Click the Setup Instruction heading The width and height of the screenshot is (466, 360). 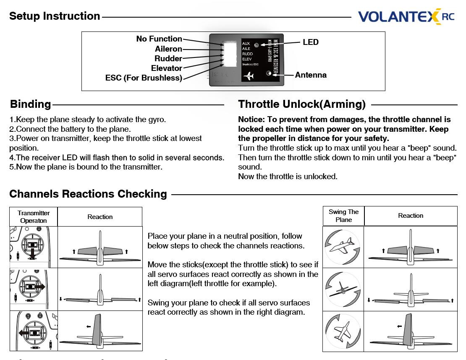coord(55,16)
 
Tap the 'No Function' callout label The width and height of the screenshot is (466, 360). coord(159,39)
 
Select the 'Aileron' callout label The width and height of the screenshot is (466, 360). coord(168,49)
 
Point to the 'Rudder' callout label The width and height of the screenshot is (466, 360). coord(168,59)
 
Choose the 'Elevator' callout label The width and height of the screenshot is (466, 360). coord(167,68)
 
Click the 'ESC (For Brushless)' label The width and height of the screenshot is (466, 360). coord(144,78)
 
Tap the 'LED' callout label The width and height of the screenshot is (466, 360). coord(311,42)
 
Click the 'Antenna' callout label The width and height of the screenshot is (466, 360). coord(311,75)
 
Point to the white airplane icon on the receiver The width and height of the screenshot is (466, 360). coord(249,76)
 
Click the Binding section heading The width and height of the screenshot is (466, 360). coord(31,104)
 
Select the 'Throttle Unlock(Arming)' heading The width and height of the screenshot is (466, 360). coord(302,104)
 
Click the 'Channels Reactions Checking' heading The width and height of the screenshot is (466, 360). coord(88,194)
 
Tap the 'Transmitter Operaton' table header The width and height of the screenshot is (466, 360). coord(34,217)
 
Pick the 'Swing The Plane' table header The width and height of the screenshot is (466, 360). coord(343,216)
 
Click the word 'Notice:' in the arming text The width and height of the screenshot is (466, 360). coord(251,120)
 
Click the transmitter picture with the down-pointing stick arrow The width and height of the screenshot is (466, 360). coord(34,247)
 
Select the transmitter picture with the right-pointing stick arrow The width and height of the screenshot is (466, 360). coord(34,289)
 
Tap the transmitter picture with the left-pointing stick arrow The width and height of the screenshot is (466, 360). coord(34,331)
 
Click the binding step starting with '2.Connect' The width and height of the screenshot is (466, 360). coord(70,129)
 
